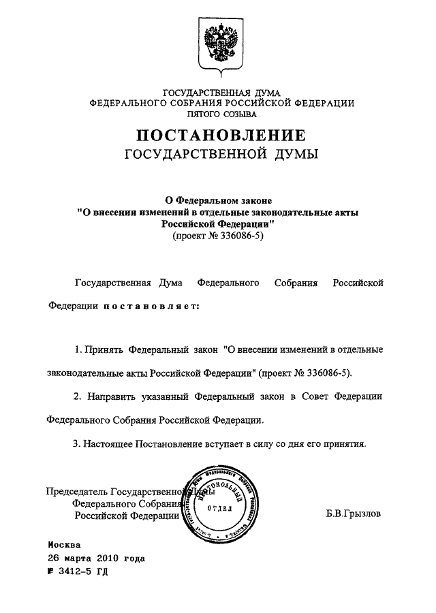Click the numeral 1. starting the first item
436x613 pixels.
pos(78,349)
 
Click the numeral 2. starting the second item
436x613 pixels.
pos(78,396)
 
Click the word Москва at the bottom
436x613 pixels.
pos(64,546)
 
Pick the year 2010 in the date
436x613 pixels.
pos(109,559)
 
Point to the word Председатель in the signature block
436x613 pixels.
pos(76,491)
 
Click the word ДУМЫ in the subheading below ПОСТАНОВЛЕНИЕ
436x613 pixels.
pos(298,155)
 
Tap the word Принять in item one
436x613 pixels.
pos(104,349)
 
